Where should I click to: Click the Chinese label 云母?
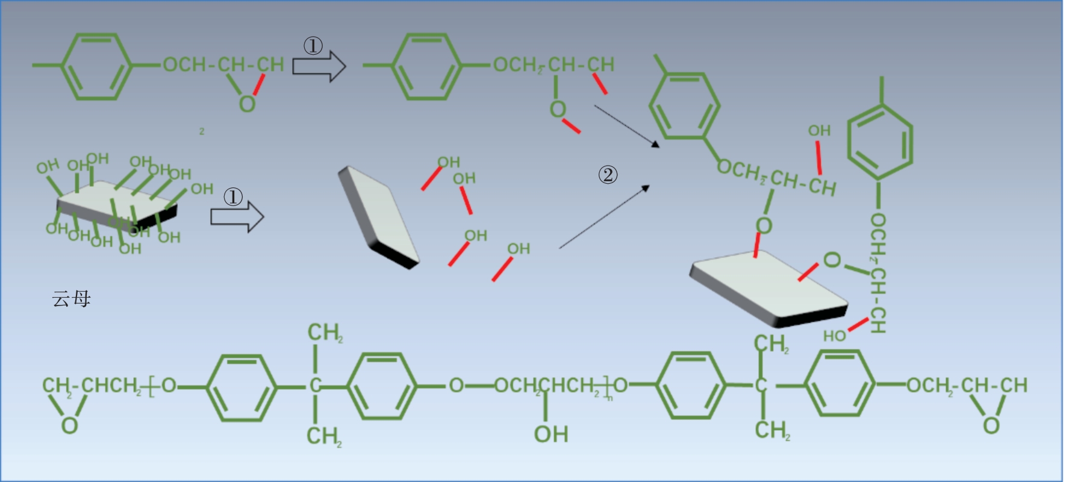pos(71,299)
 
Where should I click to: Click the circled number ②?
pos(608,175)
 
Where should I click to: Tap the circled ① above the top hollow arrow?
pos(313,46)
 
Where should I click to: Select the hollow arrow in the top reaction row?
pos(319,66)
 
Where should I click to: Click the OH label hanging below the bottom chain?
pos(550,434)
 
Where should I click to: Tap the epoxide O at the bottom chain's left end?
pos(69,425)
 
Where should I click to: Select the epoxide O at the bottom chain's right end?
pos(991,425)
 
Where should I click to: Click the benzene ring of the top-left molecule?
pos(96,66)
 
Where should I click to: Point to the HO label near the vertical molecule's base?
pos(835,336)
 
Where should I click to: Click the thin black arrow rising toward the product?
pos(604,218)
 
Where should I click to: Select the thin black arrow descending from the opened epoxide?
pos(626,125)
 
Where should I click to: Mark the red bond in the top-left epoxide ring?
pos(258,85)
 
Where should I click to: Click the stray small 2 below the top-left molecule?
pos(202,131)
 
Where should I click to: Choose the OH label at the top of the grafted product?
pos(819,131)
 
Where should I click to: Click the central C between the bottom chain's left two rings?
pos(315,386)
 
